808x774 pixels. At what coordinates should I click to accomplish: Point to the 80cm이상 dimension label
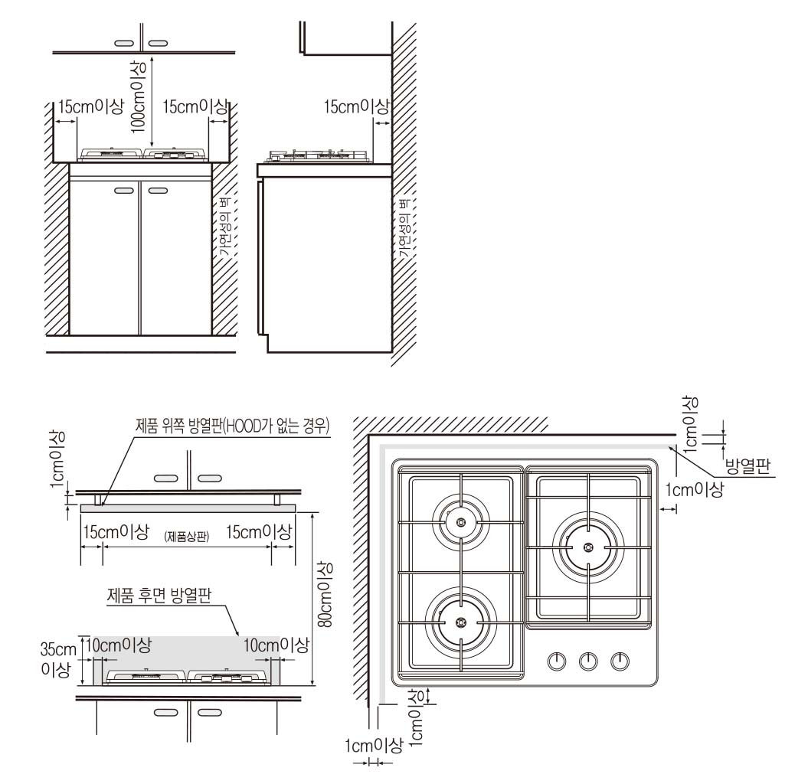(325, 595)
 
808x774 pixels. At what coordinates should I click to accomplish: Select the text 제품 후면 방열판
(159, 596)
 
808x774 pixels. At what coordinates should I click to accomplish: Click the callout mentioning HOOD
(232, 426)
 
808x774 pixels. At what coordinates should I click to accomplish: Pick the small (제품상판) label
(187, 537)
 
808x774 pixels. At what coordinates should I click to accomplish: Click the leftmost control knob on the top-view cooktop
(557, 661)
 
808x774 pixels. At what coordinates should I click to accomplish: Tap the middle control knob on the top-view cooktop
(588, 661)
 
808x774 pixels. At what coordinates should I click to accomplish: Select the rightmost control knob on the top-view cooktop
(620, 661)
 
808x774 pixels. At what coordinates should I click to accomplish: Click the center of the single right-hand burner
(588, 547)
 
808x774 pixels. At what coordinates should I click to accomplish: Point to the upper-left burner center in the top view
(461, 522)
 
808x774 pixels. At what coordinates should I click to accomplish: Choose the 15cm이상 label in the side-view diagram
(357, 106)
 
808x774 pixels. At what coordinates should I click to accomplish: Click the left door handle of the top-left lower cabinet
(123, 191)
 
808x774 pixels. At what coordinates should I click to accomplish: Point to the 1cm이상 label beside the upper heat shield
(57, 459)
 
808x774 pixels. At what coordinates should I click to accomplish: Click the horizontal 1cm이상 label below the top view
(374, 745)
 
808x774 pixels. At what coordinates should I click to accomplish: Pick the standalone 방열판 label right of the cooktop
(747, 466)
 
